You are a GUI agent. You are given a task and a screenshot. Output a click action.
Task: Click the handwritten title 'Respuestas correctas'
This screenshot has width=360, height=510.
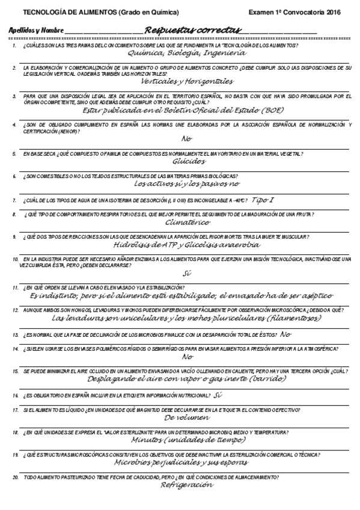(x=192, y=29)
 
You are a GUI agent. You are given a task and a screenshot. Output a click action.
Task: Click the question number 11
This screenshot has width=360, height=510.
(x=15, y=288)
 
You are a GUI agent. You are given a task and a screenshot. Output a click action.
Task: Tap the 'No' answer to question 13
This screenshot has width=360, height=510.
(x=285, y=334)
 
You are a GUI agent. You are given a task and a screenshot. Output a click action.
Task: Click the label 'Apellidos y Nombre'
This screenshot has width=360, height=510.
(x=36, y=31)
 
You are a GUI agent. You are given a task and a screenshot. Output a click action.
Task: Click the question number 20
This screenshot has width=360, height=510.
(x=15, y=476)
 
